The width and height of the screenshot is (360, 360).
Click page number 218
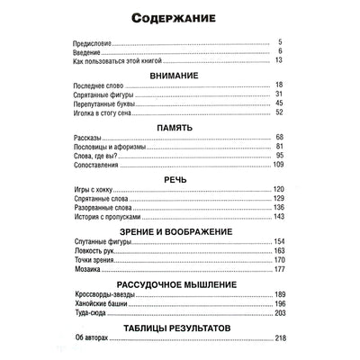click(278, 337)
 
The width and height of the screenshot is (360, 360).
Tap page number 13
click(280, 59)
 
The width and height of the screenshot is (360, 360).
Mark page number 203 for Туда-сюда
click(278, 311)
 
